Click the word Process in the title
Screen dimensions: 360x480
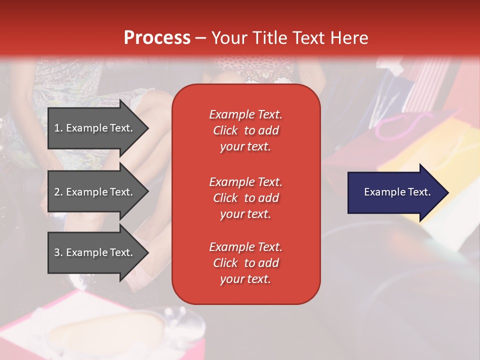(157, 38)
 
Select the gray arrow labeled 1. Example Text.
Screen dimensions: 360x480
(95, 128)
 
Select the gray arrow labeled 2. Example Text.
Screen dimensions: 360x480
(95, 192)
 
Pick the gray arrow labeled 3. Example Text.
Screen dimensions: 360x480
(95, 252)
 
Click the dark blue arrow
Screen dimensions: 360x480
(395, 192)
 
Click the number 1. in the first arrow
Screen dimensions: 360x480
(58, 128)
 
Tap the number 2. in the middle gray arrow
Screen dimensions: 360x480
(58, 192)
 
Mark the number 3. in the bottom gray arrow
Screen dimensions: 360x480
(58, 252)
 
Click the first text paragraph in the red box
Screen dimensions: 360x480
(245, 130)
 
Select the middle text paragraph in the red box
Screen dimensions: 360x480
(245, 198)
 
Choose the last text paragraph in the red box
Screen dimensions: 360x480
(245, 263)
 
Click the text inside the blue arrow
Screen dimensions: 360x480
(397, 192)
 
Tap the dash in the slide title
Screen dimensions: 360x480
(200, 38)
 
